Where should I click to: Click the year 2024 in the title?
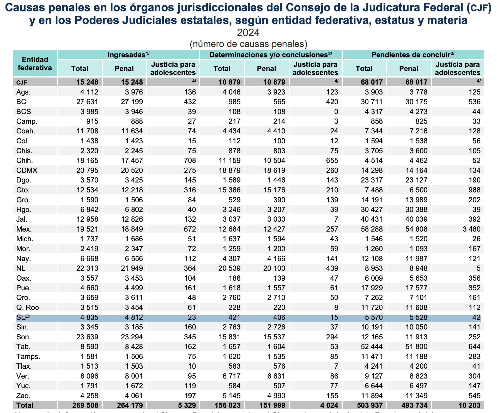pyautogui.click(x=248, y=33)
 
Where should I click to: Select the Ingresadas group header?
pyautogui.click(x=129, y=55)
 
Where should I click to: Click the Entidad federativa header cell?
pyautogui.click(x=35, y=63)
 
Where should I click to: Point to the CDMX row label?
pyautogui.click(x=27, y=170)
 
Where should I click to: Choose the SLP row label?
pyautogui.click(x=23, y=317)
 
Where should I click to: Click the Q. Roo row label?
pyautogui.click(x=28, y=308)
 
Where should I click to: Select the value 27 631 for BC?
pyautogui.click(x=87, y=102)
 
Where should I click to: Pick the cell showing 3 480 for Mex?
pyautogui.click(x=471, y=229)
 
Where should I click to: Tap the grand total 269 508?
pyautogui.click(x=85, y=405)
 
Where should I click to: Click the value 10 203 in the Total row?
pyautogui.click(x=469, y=405)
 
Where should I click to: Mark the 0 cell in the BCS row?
pyautogui.click(x=336, y=112)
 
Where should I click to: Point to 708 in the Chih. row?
pyautogui.click(x=190, y=161)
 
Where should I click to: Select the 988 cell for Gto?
pyautogui.click(x=474, y=190)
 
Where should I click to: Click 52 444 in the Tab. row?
pyautogui.click(x=372, y=347)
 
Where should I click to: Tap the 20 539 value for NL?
pyautogui.click(x=229, y=268)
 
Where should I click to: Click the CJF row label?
pyautogui.click(x=22, y=82)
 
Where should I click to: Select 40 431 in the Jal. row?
pyautogui.click(x=372, y=219)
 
